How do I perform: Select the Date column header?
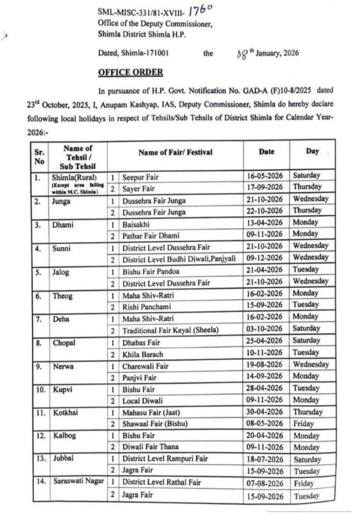[266, 152]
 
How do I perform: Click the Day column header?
[312, 151]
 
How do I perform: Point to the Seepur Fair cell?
[140, 177]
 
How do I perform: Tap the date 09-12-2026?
[266, 258]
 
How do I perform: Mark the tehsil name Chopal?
[64, 343]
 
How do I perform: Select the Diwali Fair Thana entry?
[150, 447]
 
